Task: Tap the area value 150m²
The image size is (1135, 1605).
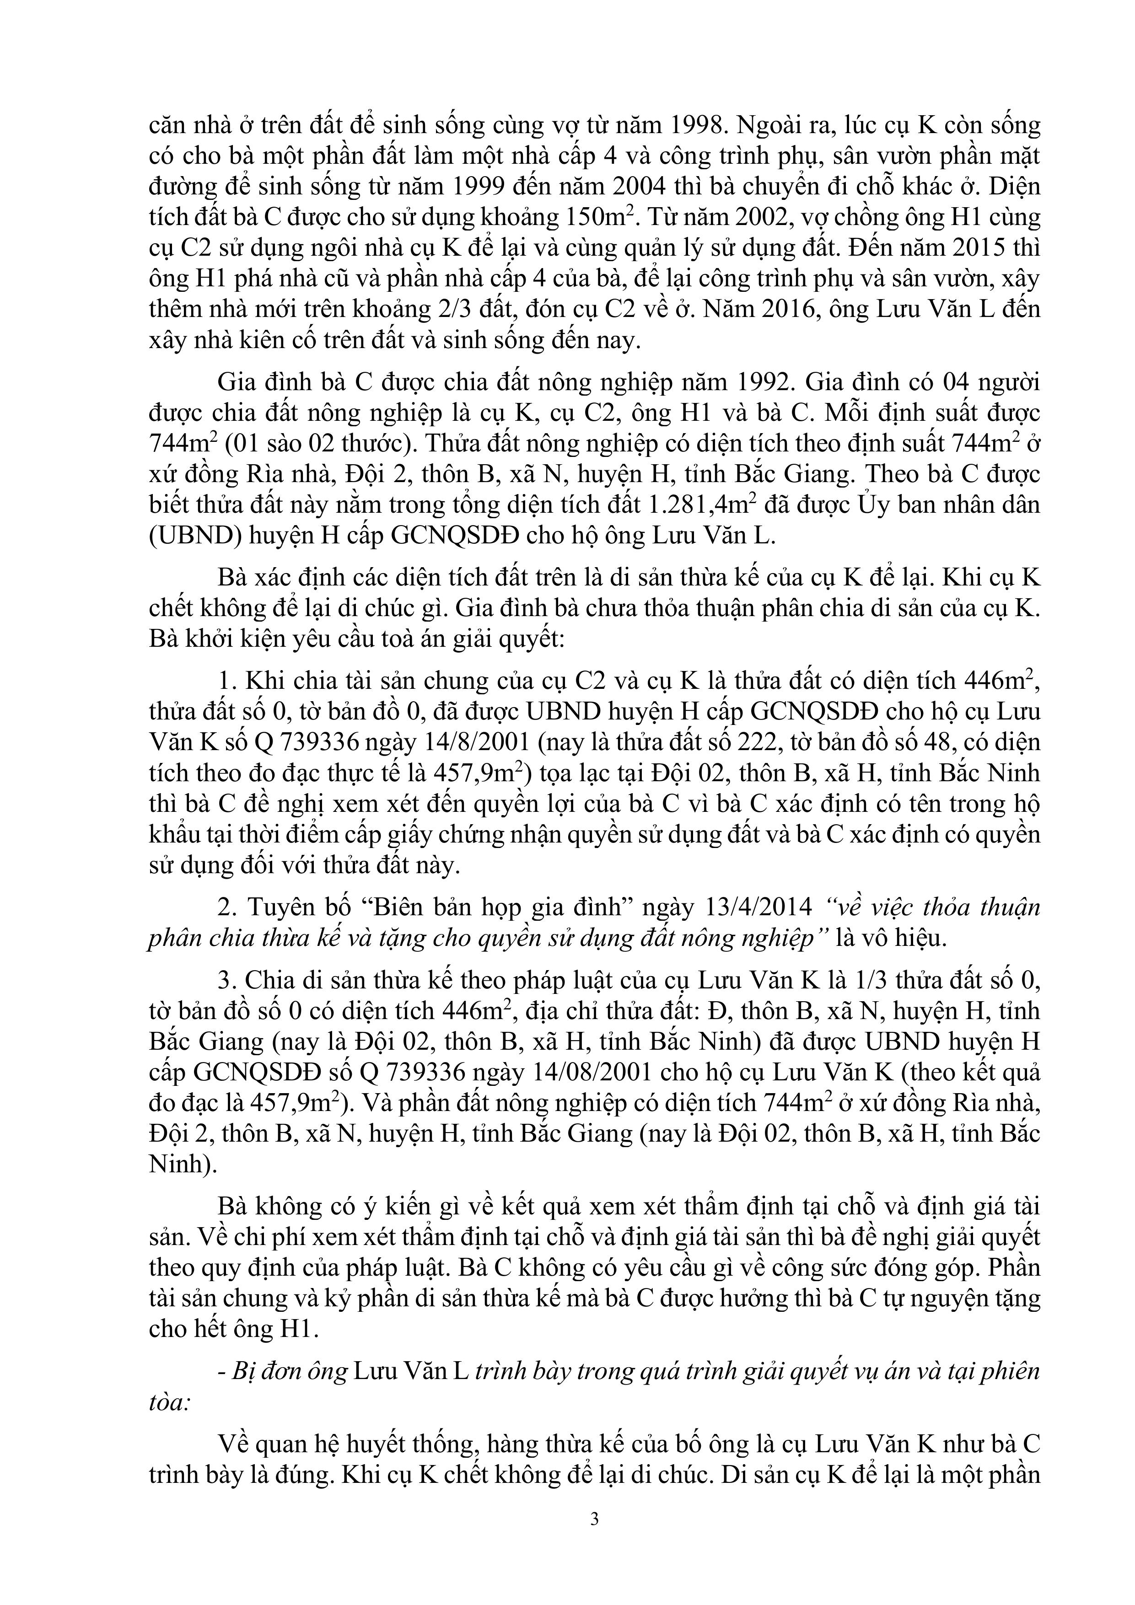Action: [596, 217]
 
